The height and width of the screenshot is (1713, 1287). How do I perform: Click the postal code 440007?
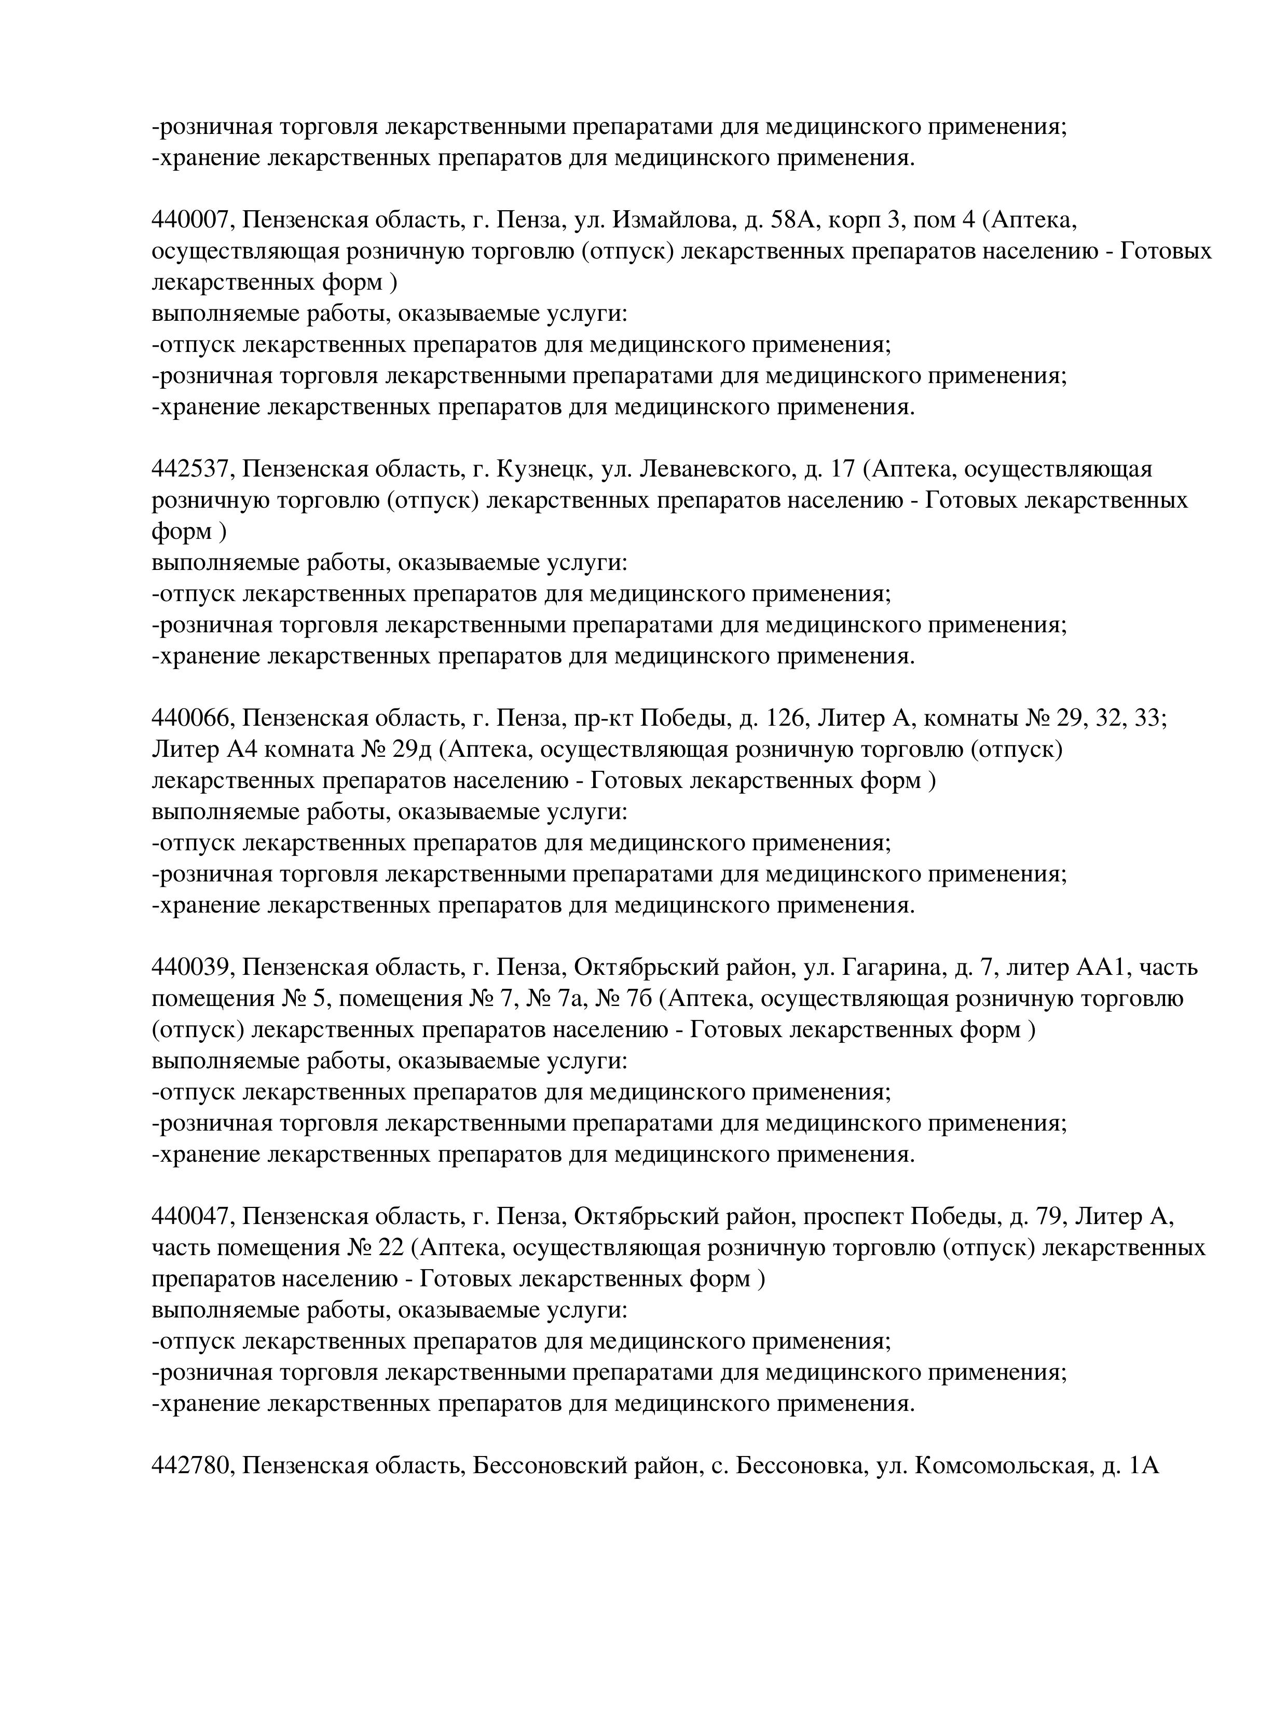coord(190,221)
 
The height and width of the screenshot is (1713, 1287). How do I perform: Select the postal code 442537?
coord(190,469)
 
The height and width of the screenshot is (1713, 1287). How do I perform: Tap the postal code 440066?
coord(190,718)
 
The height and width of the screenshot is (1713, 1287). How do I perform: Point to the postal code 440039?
coord(190,968)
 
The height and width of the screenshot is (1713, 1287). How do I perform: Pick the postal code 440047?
coord(190,1217)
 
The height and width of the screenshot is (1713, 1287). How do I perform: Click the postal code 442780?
coord(190,1466)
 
